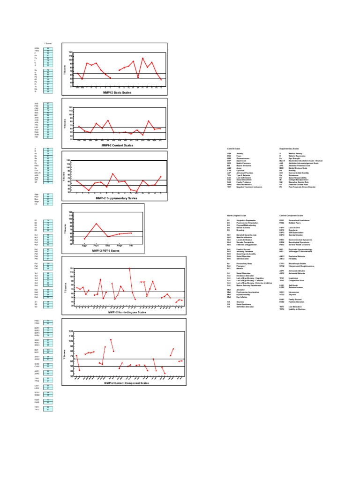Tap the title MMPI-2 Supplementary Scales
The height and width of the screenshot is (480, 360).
117,198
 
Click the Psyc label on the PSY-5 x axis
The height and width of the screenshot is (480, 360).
96,245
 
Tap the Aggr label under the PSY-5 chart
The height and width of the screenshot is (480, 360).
84,245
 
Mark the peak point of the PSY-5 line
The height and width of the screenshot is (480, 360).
96,224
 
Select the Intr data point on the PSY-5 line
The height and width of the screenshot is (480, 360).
131,233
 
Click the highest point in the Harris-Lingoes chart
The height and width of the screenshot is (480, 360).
129,268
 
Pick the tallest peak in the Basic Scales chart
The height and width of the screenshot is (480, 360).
142,58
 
